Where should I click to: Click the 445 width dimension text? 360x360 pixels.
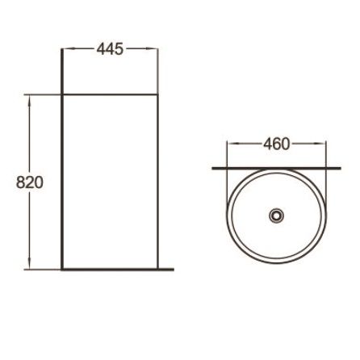pos(110,49)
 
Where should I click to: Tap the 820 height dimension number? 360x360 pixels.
pos(30,182)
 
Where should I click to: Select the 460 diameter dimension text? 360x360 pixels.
pos(277,144)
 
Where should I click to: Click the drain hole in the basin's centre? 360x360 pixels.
pos(276,216)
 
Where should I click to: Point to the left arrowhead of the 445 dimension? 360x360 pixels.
pos(68,48)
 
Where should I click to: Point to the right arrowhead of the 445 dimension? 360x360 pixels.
pos(152,48)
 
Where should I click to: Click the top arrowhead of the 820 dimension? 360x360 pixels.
pos(29,100)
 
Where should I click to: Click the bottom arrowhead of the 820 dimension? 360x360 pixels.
pos(29,264)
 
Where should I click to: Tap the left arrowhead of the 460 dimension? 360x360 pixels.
pos(233,144)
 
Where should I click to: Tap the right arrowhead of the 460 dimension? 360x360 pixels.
pos(320,144)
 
